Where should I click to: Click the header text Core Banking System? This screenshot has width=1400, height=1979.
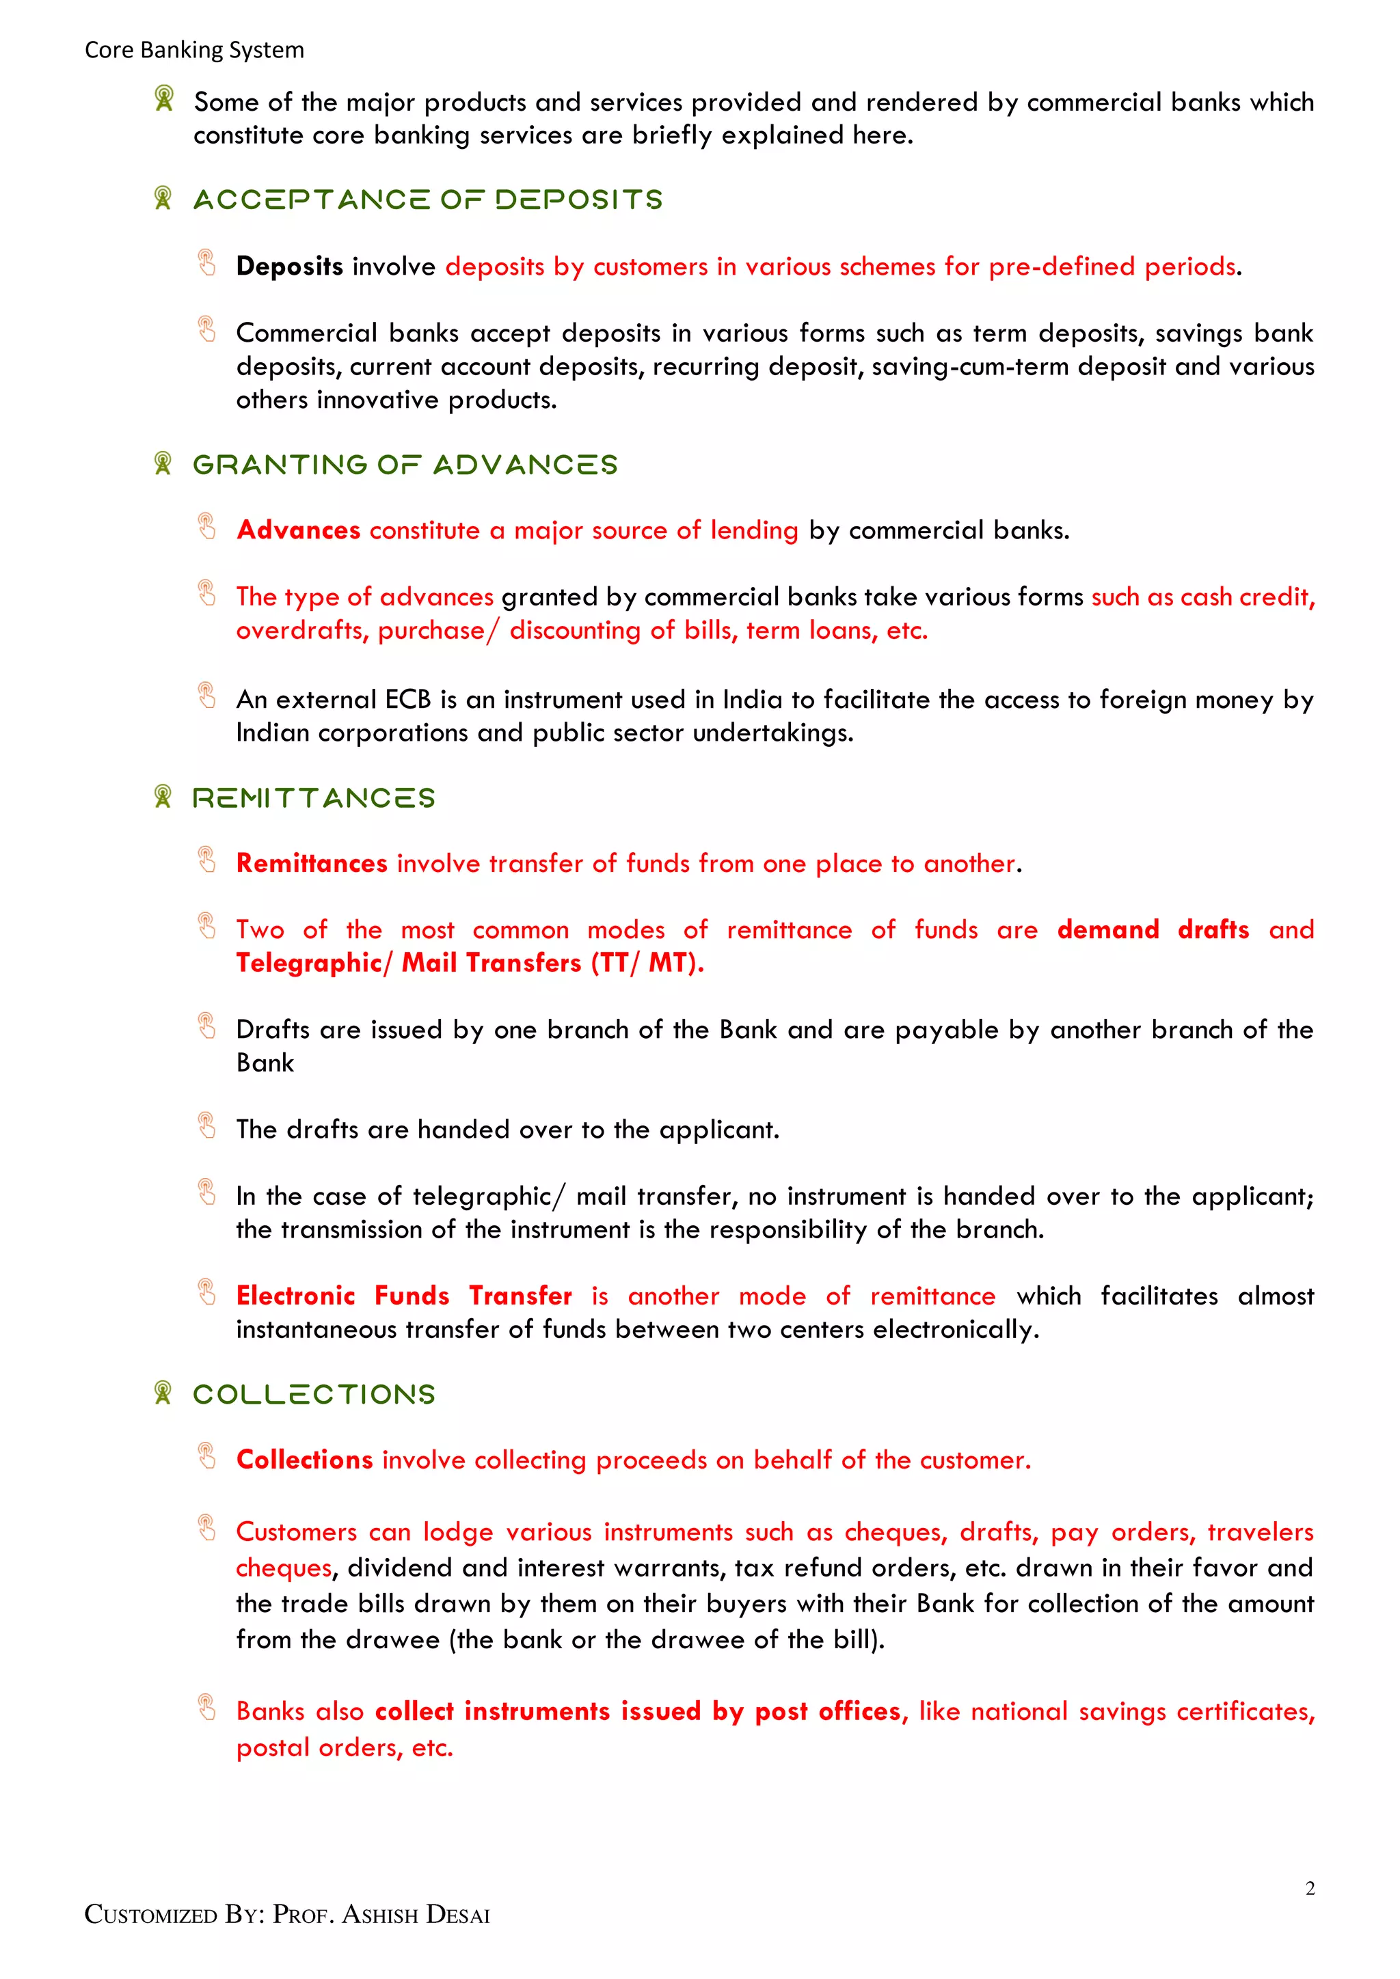[194, 50]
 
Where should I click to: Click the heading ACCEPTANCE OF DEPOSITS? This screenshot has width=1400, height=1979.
[427, 200]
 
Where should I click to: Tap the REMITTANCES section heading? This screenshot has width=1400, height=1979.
[314, 798]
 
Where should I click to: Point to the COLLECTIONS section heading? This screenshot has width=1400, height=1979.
[314, 1394]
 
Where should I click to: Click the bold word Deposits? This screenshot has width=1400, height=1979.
[290, 267]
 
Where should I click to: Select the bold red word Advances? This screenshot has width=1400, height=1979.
[298, 530]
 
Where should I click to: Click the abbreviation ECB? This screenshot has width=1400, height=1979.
[407, 699]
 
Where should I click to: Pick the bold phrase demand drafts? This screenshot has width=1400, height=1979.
[1153, 929]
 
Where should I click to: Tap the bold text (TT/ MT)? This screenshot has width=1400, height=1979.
[647, 963]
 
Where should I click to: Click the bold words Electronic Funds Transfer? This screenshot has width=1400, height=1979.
[403, 1296]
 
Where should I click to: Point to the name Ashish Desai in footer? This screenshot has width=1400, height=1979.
[416, 1915]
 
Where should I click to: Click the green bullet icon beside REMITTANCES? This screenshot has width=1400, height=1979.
[162, 796]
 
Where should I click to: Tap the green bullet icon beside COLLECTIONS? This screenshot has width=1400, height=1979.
[162, 1392]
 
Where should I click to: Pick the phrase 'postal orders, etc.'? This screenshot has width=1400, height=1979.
[345, 1747]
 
